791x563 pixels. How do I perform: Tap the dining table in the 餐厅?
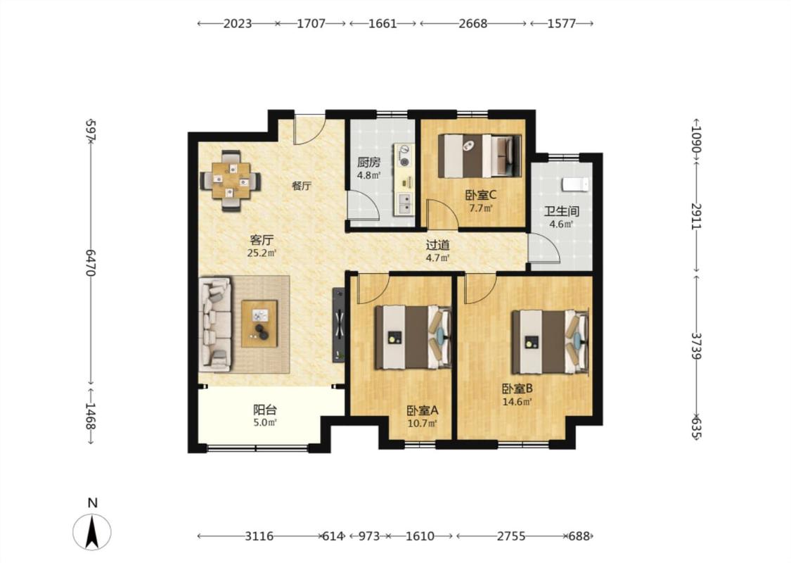(231, 180)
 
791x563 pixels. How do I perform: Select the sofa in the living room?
(215, 324)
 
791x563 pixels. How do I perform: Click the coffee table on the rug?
(259, 324)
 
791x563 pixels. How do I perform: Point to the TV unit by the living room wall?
(339, 324)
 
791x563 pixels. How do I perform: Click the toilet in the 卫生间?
(576, 184)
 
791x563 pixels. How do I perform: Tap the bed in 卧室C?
(480, 156)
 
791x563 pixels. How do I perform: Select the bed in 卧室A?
(413, 337)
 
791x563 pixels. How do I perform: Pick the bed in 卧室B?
(551, 341)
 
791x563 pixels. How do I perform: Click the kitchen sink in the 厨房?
(404, 203)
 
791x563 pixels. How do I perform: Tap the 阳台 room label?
(265, 410)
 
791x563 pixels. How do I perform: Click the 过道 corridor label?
(437, 245)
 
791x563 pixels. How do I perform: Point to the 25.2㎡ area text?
(262, 253)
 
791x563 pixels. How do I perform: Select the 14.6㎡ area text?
(517, 402)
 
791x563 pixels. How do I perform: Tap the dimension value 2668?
(473, 23)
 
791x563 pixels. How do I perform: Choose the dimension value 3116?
(259, 536)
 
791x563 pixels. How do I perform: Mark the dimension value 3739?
(697, 346)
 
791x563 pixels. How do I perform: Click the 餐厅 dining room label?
(302, 186)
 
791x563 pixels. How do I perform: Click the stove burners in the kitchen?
(404, 155)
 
